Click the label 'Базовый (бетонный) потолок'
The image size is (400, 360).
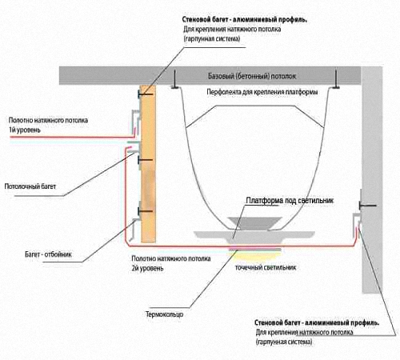(252, 76)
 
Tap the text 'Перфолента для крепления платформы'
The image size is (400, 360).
(262, 92)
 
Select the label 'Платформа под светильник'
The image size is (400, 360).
(290, 201)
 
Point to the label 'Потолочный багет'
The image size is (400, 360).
(30, 186)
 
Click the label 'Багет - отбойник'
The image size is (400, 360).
(48, 254)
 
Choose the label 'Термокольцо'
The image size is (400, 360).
(164, 314)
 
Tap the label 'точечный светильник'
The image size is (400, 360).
(266, 267)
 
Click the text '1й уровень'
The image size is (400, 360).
(25, 130)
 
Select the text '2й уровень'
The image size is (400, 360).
(147, 268)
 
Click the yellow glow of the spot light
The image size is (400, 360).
(254, 255)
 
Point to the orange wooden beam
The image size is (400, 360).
(148, 163)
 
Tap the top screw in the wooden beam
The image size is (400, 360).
(146, 94)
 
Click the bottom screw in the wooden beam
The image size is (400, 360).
(146, 211)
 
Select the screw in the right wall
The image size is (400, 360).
(367, 206)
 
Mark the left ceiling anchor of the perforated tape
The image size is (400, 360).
(175, 79)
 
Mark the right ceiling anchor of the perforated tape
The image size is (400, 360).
(336, 79)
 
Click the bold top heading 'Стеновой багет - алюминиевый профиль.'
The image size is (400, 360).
(245, 19)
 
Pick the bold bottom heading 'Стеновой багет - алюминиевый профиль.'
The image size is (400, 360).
(317, 322)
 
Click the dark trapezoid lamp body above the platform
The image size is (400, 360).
(254, 222)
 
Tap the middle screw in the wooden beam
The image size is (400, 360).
(146, 160)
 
